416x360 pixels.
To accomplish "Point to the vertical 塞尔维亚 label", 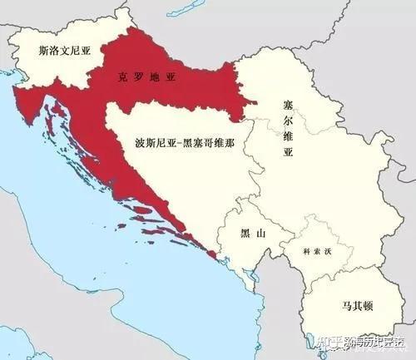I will (x=288, y=129).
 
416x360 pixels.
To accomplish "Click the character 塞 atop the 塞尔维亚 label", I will (x=288, y=106).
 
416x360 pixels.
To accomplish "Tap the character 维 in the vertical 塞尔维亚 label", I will (x=288, y=137).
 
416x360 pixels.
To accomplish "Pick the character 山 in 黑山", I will (x=260, y=234).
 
